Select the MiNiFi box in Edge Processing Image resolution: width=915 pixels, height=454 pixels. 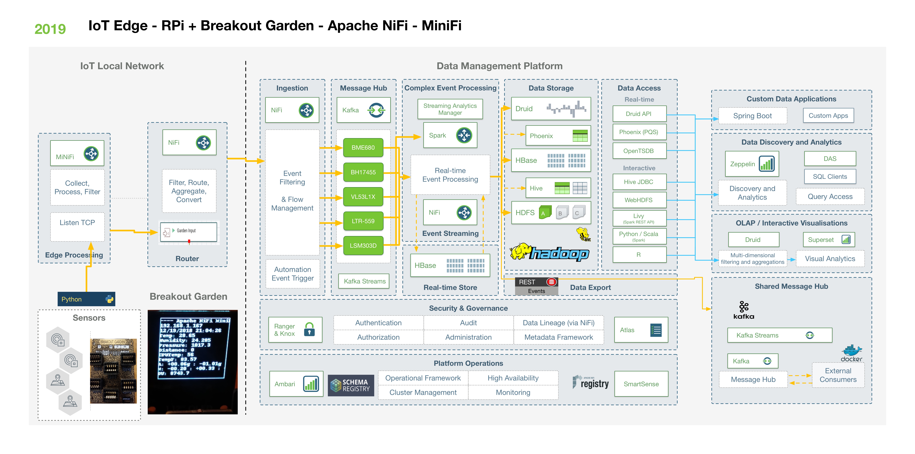tap(77, 153)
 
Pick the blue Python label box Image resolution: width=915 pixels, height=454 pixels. tap(86, 299)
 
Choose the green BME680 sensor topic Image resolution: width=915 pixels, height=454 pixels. tap(363, 147)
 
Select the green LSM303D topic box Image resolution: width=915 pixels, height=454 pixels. tap(363, 246)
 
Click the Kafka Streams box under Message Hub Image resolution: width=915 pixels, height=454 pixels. tap(364, 281)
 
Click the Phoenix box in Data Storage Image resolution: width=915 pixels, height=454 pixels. tap(558, 136)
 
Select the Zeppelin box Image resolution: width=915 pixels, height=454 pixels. tap(752, 164)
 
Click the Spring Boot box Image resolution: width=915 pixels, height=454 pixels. tap(752, 116)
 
